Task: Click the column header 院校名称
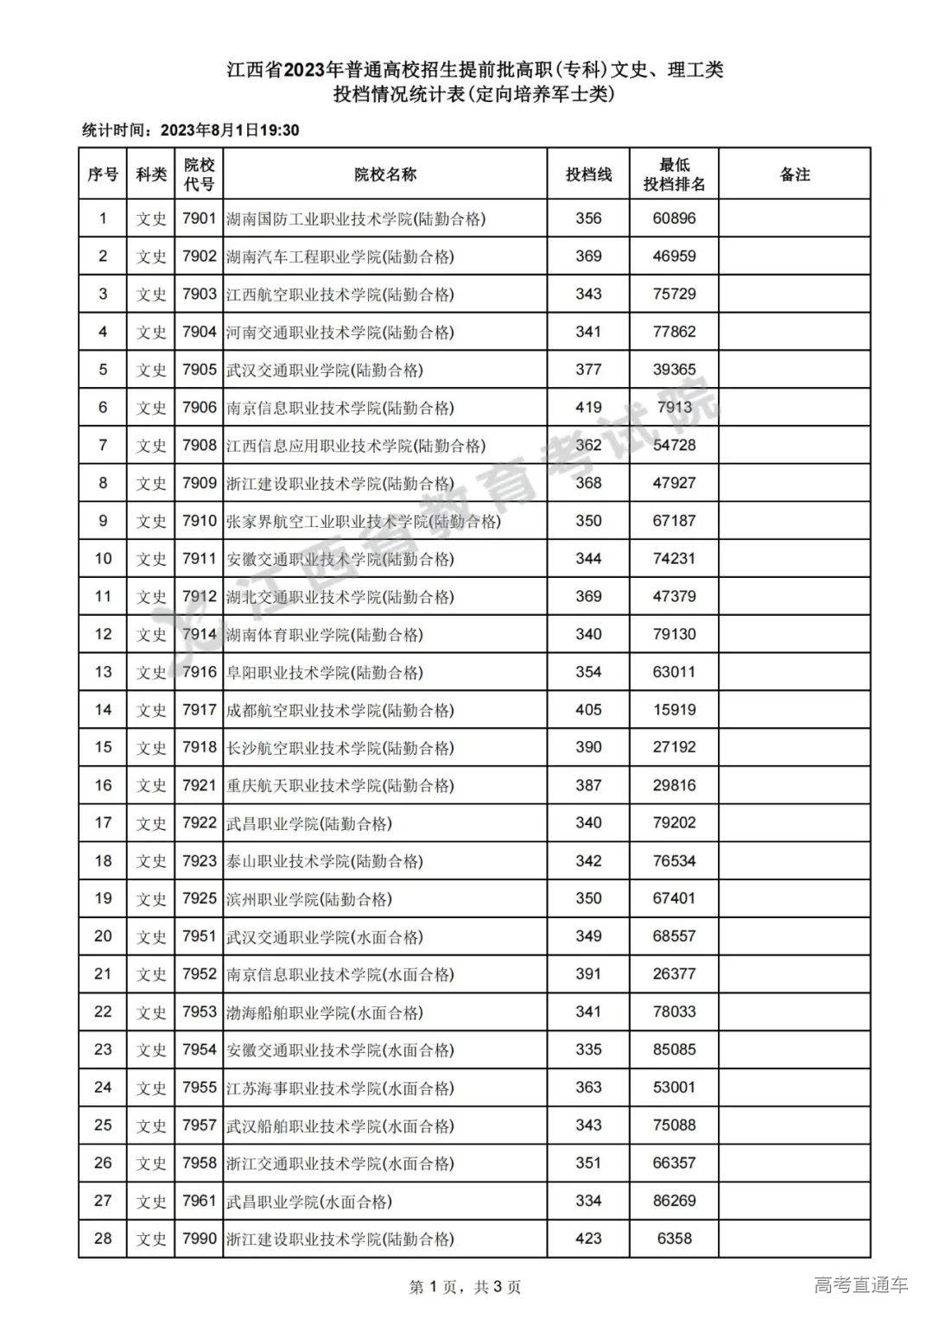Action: pos(385,174)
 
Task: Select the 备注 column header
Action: pos(795,174)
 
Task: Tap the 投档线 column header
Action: pos(588,174)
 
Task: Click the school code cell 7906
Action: pos(199,408)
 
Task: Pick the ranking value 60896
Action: pos(674,219)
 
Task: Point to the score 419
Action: pos(588,408)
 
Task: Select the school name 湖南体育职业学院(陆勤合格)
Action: pos(325,635)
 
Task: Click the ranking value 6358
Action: pos(674,1239)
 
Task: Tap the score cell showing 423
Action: pos(588,1239)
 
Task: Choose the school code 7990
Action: pos(199,1239)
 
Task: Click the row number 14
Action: pos(103,710)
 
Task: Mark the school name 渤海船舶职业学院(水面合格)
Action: pos(325,1012)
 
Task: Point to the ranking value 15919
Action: pos(674,710)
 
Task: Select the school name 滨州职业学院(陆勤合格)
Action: pos(309,899)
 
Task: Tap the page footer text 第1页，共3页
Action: pos(465,1287)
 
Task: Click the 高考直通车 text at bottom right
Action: pos(860,1284)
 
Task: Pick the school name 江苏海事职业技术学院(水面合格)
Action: pos(340,1088)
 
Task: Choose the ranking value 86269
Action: pos(674,1201)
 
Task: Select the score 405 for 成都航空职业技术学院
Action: pos(588,710)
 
